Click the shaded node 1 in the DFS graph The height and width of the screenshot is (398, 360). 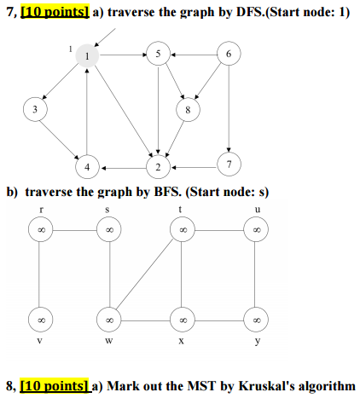[87, 55]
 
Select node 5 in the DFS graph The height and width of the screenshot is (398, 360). [158, 54]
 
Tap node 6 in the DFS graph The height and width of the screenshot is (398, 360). [229, 54]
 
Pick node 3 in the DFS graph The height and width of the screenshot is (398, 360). [35, 109]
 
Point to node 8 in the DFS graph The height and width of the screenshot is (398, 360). [188, 110]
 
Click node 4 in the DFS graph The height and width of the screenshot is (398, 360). [87, 167]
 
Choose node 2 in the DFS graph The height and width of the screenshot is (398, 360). [158, 167]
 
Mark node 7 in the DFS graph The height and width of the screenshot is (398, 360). [229, 164]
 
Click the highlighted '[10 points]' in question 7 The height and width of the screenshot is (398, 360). [55, 12]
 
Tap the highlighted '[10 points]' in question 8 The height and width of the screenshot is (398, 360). [55, 386]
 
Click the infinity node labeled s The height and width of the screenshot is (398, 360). [109, 229]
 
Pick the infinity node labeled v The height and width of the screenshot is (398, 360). [40, 320]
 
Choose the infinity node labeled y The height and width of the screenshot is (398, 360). [256, 320]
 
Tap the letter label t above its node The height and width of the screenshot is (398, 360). [180, 210]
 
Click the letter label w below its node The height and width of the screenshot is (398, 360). [109, 340]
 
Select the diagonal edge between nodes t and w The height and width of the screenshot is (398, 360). [145, 274]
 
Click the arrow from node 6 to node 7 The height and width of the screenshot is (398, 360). [229, 108]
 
